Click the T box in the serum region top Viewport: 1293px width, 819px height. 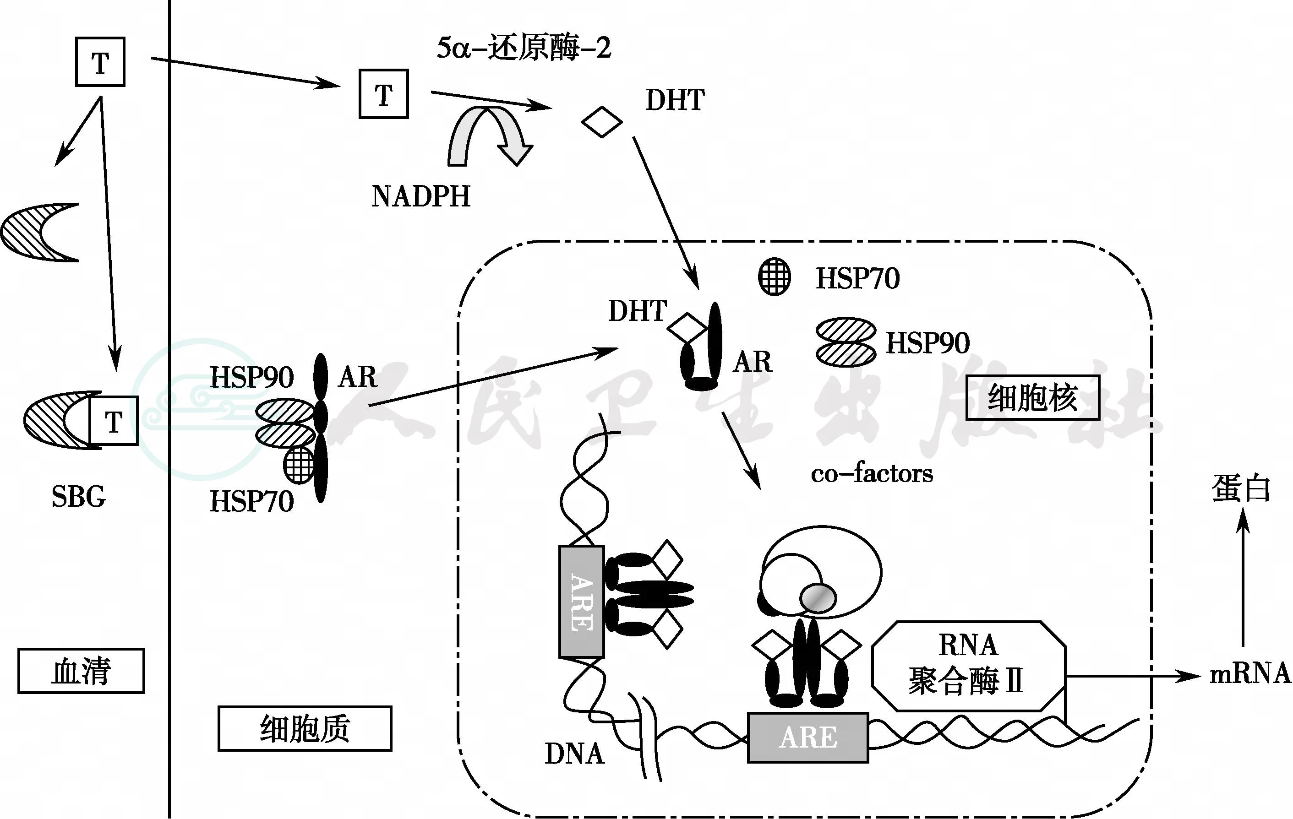tap(100, 62)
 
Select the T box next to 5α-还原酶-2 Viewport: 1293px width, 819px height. tap(383, 94)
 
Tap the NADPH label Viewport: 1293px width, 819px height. tap(420, 196)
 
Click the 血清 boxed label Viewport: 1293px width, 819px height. tap(81, 671)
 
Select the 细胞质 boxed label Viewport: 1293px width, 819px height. tap(305, 728)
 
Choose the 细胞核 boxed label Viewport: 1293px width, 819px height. tap(1032, 398)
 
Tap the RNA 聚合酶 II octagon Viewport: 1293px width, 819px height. tap(968, 666)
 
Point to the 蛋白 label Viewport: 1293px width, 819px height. tap(1241, 488)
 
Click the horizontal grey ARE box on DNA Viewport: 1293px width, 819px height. tap(807, 738)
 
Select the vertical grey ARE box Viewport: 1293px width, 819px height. tap(582, 602)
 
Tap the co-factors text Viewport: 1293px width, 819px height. tap(872, 474)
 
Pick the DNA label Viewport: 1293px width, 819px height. tap(574, 754)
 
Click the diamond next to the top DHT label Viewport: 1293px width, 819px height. tap(601, 122)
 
